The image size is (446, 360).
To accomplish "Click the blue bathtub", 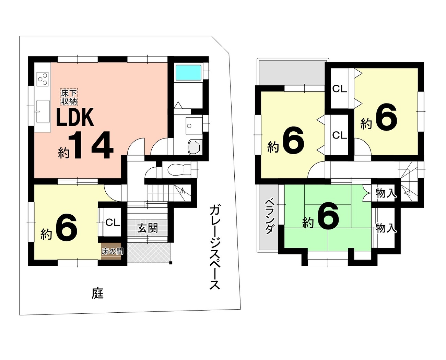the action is pos(188,72).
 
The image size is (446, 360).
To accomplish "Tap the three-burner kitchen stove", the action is pos(43,79).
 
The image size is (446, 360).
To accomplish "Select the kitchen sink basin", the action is pos(43,111).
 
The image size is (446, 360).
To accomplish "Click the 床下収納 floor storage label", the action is pos(69,97).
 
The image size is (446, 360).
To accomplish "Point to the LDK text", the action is pos(75,117).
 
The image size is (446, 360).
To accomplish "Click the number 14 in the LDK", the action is pos(91,145).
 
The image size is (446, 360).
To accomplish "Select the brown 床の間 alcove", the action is pos(111,251).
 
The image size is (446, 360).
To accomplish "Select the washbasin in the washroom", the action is pos(194,125).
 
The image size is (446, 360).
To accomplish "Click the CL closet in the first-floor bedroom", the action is pos(113,223).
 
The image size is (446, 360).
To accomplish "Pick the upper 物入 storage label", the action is pos(386,193).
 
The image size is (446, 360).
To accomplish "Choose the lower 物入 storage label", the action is pos(386,228).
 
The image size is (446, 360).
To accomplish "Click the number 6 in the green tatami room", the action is pos(328,216).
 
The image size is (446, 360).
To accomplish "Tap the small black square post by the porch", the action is pos(171,263).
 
